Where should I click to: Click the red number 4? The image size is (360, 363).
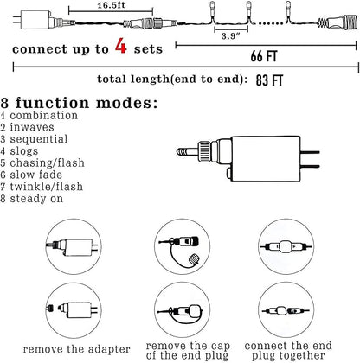(121, 46)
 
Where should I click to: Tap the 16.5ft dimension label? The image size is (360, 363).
(112, 5)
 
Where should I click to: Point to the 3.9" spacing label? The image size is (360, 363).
(231, 36)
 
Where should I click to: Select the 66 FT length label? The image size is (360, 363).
(264, 56)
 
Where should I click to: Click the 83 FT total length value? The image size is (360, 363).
(269, 80)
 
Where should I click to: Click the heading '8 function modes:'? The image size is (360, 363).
(80, 103)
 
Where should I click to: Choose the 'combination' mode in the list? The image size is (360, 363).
(44, 116)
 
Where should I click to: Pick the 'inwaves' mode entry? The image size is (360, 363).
(32, 127)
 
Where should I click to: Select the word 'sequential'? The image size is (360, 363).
(39, 139)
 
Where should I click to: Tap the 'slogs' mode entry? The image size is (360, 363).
(24, 151)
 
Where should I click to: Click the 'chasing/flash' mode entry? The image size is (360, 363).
(48, 163)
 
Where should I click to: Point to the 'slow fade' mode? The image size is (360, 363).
(36, 175)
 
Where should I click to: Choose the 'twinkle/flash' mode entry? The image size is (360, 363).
(47, 187)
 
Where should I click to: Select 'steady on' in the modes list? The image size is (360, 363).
(36, 199)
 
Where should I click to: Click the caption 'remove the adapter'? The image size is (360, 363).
(76, 349)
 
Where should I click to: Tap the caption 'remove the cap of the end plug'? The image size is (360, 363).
(188, 351)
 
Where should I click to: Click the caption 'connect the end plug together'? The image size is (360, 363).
(288, 350)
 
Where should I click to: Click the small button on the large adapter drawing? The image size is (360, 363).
(229, 174)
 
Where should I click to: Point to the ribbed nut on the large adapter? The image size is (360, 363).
(204, 151)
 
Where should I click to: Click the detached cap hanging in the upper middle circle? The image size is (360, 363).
(194, 258)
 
